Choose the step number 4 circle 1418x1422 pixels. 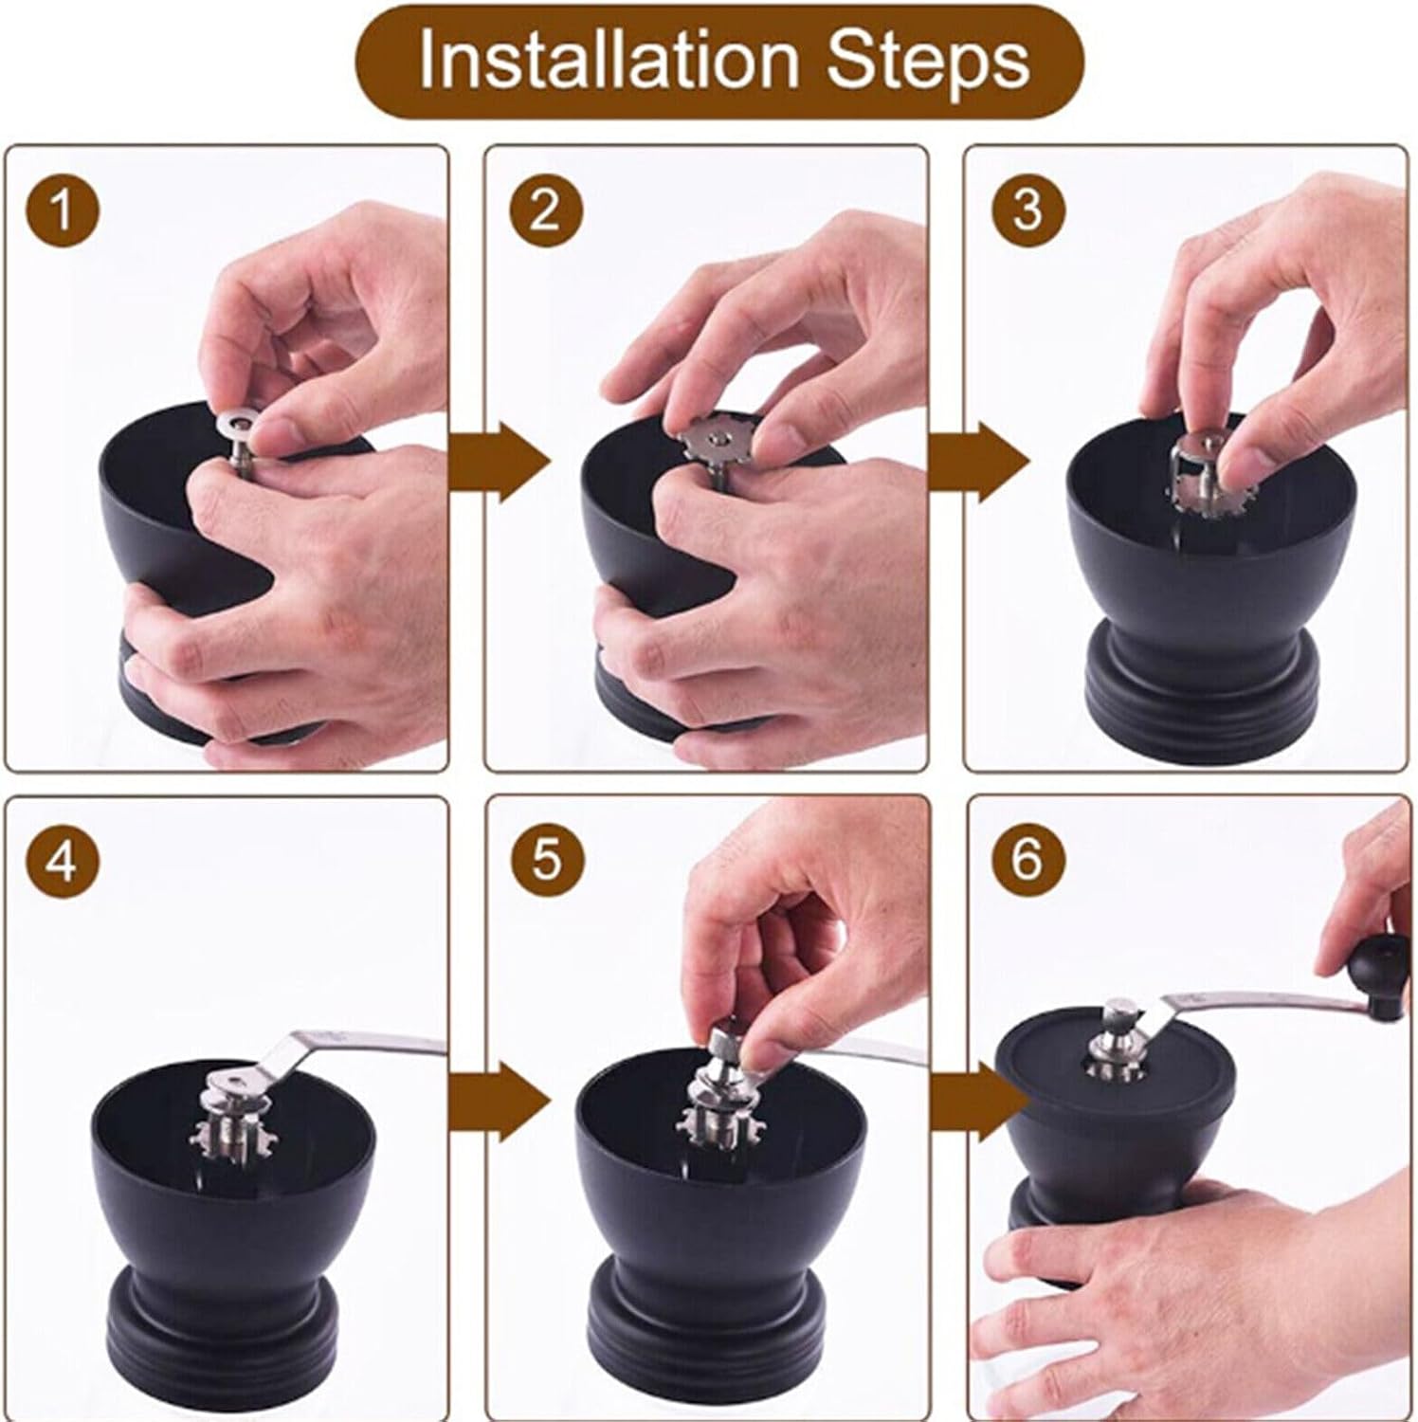click(63, 863)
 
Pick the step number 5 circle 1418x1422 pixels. click(544, 863)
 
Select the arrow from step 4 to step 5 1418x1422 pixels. click(500, 1103)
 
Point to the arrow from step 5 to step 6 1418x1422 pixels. click(980, 1103)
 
